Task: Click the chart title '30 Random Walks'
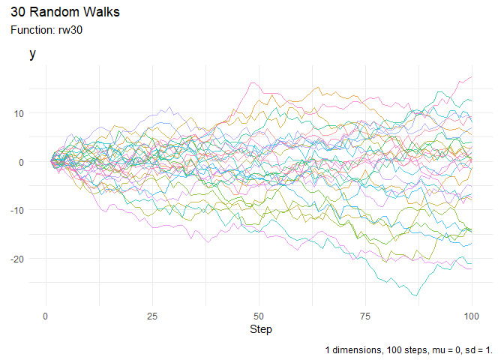coord(65,13)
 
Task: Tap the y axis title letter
coord(32,54)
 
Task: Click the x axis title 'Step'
coord(260,329)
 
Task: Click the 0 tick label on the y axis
coord(21,162)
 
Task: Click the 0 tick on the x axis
coord(46,316)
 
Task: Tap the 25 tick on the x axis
coord(153,316)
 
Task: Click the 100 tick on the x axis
coord(472,316)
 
